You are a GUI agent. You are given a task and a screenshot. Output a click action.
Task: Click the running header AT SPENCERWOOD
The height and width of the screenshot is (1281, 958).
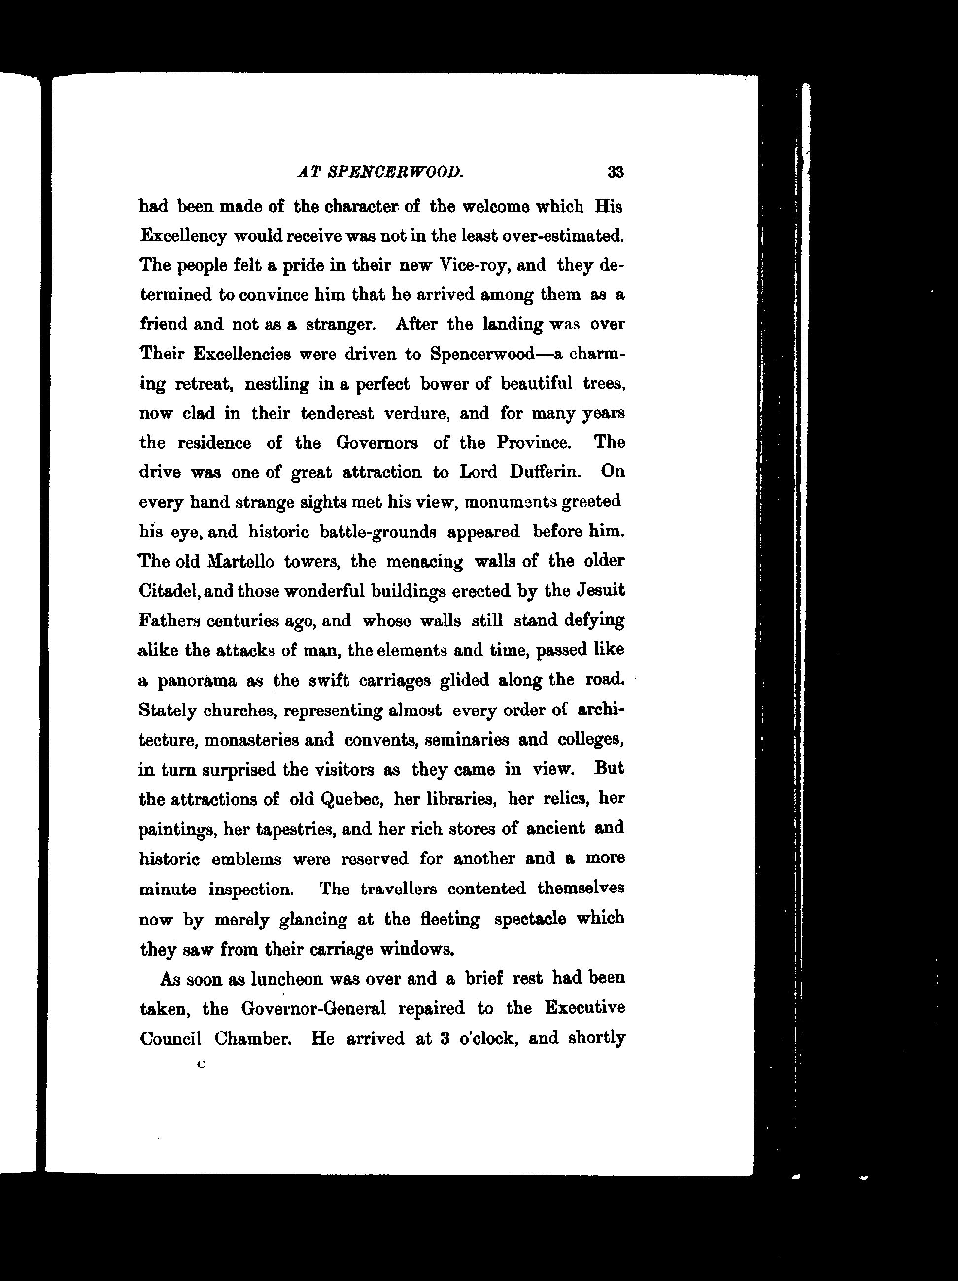(x=380, y=172)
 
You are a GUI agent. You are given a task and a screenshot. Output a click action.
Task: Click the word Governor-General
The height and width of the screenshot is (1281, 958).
(x=313, y=1009)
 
